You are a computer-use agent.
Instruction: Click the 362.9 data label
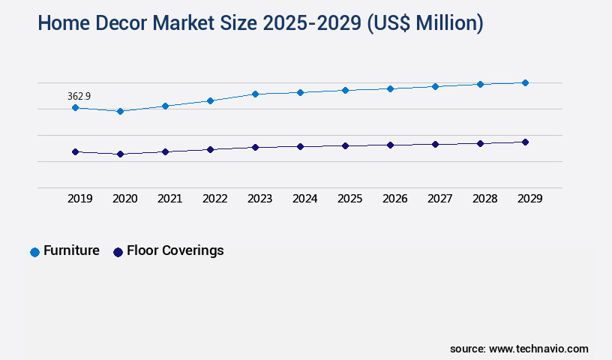pyautogui.click(x=79, y=96)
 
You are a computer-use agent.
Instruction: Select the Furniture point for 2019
pyautogui.click(x=75, y=108)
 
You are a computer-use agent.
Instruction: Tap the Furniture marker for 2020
pyautogui.click(x=120, y=111)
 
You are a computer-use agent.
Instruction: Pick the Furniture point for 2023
pyautogui.click(x=255, y=94)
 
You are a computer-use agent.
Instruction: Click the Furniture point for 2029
pyautogui.click(x=525, y=82)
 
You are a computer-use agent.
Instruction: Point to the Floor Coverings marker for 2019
pyautogui.click(x=75, y=151)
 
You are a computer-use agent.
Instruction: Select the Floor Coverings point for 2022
pyautogui.click(x=210, y=149)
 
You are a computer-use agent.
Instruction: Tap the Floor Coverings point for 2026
pyautogui.click(x=390, y=145)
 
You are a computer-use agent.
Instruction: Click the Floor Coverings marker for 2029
pyautogui.click(x=525, y=142)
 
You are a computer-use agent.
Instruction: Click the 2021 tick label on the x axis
pyautogui.click(x=169, y=199)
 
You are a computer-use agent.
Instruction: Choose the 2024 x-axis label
pyautogui.click(x=304, y=199)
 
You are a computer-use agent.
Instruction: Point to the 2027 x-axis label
pyautogui.click(x=439, y=199)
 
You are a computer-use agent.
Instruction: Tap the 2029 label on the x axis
pyautogui.click(x=529, y=199)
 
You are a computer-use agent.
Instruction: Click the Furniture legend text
pyautogui.click(x=71, y=250)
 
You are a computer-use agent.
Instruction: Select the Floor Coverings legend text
pyautogui.click(x=175, y=250)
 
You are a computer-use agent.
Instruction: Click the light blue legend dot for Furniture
pyautogui.click(x=34, y=252)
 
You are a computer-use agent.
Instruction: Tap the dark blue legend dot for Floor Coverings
pyautogui.click(x=118, y=252)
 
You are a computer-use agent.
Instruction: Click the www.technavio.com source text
pyautogui.click(x=538, y=349)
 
